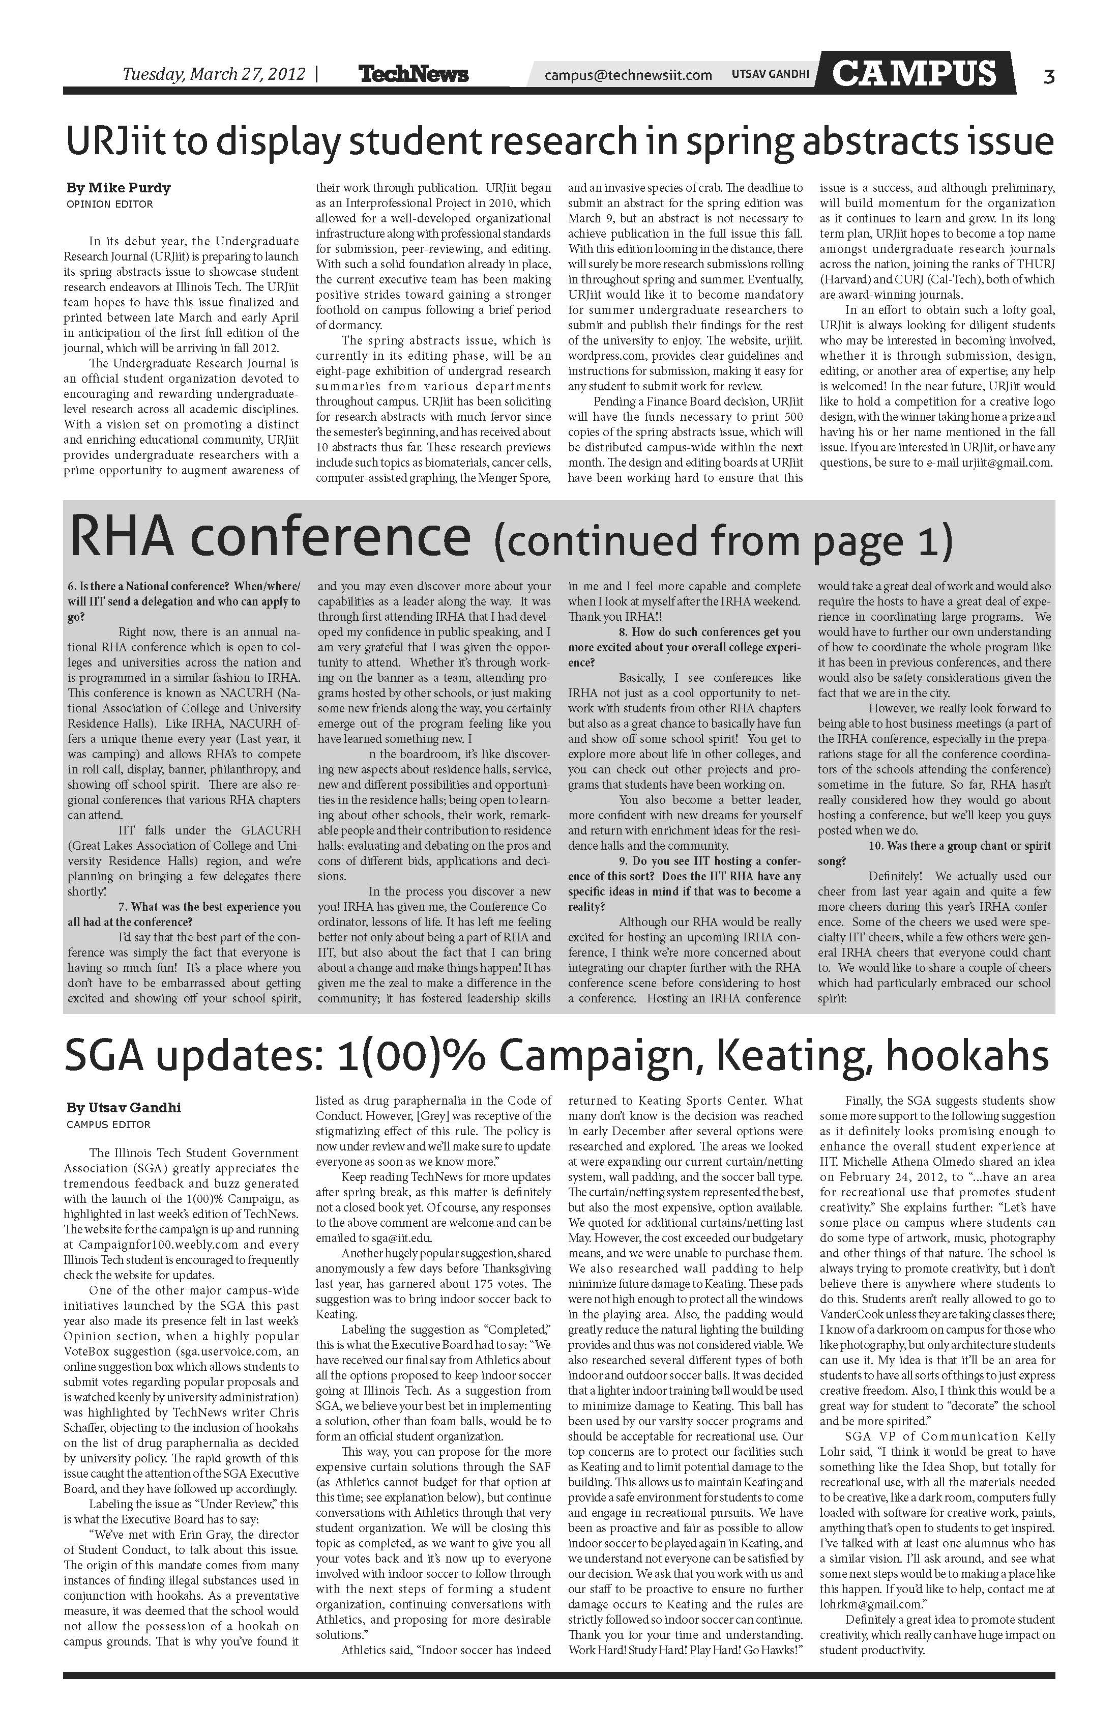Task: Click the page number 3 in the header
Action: [x=1048, y=76]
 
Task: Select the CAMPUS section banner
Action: [x=914, y=73]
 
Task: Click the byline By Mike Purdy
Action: [x=119, y=188]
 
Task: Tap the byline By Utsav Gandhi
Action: [x=124, y=1108]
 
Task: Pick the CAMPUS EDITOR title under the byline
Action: [x=108, y=1124]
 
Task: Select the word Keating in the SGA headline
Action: [x=793, y=1058]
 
